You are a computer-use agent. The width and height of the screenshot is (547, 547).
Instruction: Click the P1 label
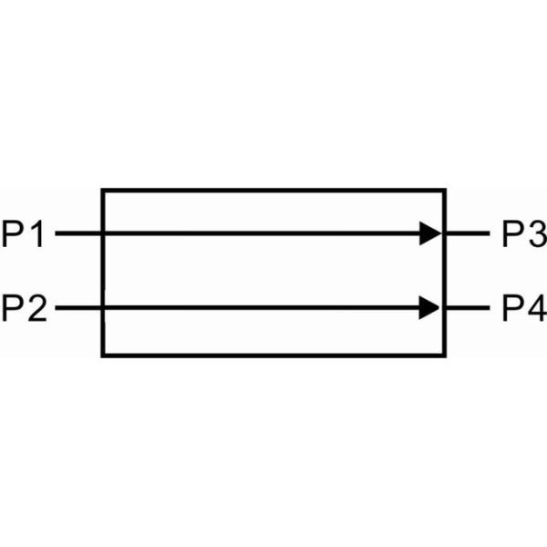[24, 234]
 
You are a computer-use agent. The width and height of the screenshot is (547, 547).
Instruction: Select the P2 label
[24, 308]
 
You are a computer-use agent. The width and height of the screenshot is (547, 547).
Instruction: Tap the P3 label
[523, 234]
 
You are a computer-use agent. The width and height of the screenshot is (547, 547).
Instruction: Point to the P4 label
[523, 308]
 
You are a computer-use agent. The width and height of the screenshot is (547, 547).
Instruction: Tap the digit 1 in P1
[36, 234]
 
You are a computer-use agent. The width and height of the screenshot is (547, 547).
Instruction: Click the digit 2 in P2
[36, 308]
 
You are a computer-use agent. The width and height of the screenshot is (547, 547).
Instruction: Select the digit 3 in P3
[535, 234]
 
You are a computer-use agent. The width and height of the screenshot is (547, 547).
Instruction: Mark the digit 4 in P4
[535, 308]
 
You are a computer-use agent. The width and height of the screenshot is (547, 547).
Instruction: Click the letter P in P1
[13, 234]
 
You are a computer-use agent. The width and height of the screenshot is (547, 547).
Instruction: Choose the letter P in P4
[511, 308]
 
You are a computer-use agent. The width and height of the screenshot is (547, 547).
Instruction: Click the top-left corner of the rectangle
[102, 191]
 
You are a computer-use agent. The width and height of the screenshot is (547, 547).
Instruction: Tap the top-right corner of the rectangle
[445, 191]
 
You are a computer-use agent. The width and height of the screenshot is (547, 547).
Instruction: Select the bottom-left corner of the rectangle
[102, 354]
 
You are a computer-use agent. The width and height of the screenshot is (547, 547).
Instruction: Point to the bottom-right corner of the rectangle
[445, 354]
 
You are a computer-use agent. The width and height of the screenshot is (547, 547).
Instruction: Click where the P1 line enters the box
[102, 234]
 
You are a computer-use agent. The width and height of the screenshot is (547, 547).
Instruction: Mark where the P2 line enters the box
[102, 308]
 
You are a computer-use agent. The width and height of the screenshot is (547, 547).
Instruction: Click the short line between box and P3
[468, 234]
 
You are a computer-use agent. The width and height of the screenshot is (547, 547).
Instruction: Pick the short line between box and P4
[468, 308]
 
